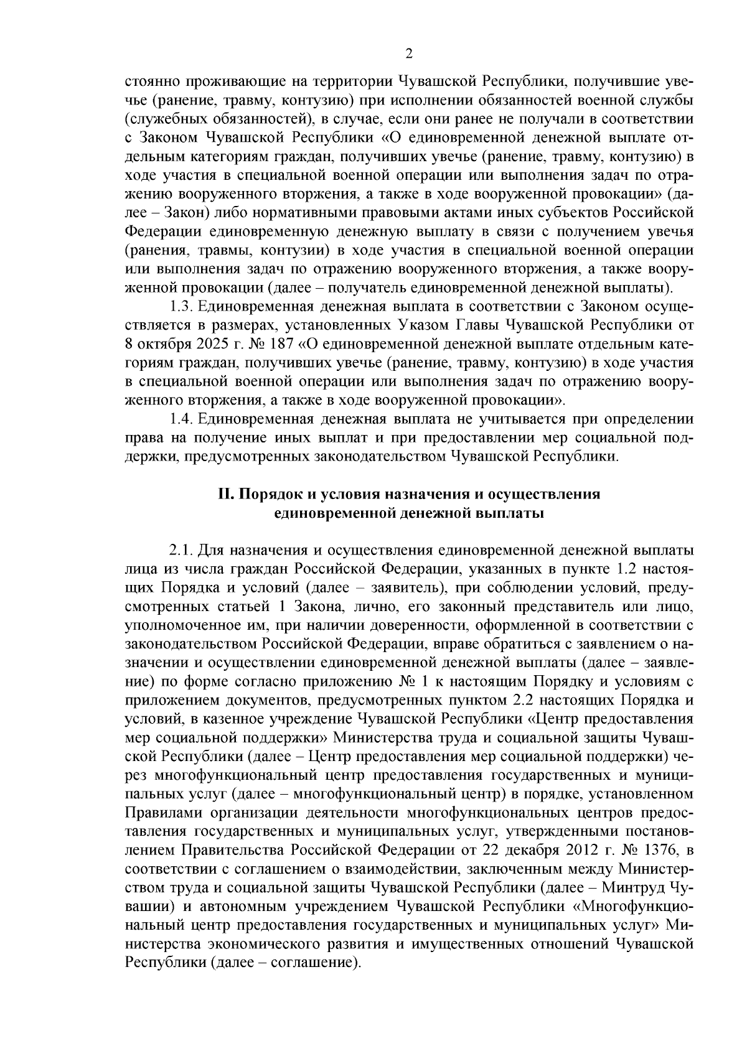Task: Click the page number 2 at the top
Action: [x=408, y=54]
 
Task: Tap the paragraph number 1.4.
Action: [x=182, y=419]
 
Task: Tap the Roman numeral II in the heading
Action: [x=224, y=495]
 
